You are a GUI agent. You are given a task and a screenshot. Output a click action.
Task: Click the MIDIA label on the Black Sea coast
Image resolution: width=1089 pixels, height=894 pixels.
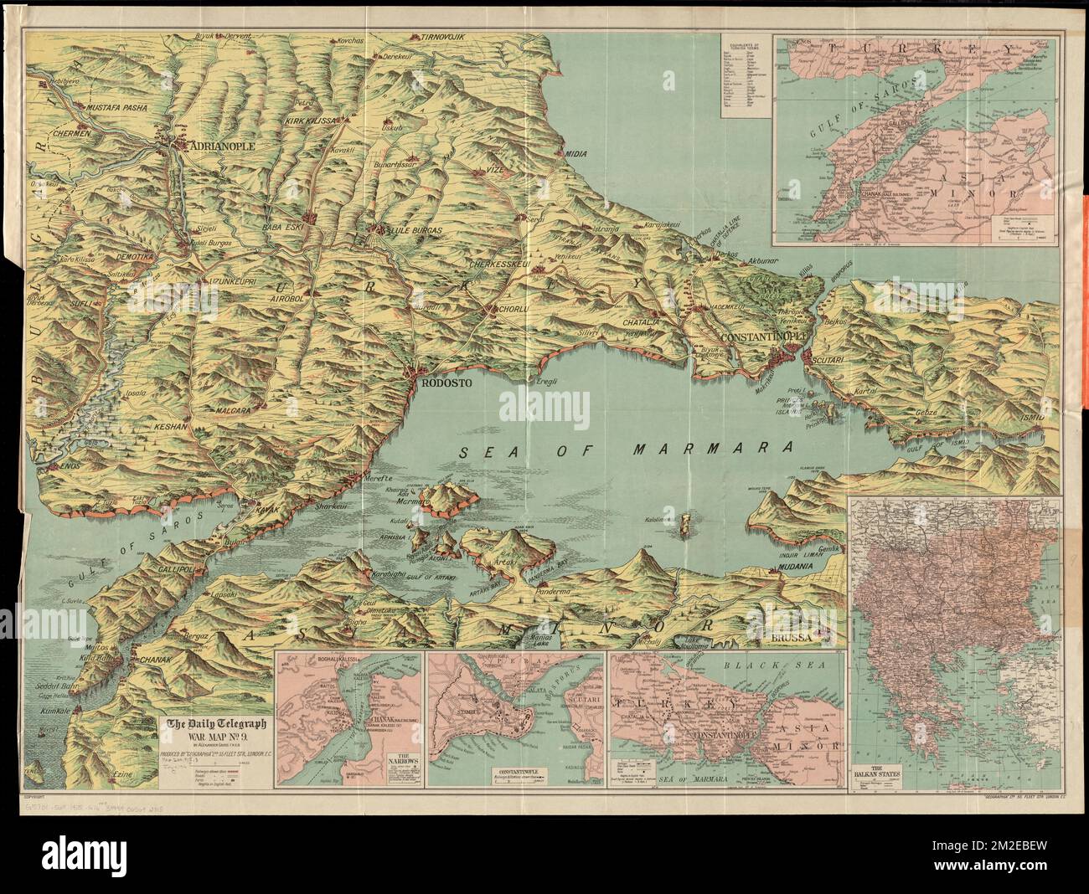pyautogui.click(x=578, y=154)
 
